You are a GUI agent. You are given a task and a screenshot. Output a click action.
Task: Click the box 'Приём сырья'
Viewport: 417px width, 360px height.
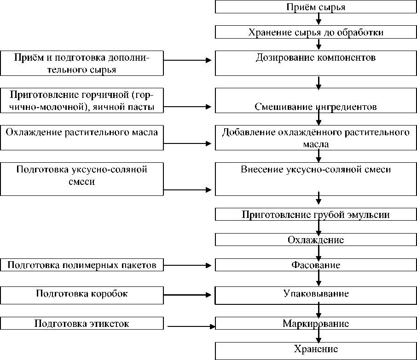[x=316, y=7]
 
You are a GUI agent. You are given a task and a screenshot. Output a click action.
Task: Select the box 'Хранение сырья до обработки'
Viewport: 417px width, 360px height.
[x=316, y=32]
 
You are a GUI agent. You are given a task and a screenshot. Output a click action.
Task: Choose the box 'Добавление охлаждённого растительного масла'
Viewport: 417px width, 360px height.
[x=316, y=137]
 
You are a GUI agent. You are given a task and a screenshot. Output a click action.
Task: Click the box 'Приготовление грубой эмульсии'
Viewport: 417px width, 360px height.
[x=316, y=215]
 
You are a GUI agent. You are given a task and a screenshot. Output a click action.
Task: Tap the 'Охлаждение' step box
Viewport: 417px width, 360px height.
[x=316, y=240]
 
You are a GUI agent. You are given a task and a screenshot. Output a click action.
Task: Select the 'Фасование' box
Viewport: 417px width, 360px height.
[x=316, y=265]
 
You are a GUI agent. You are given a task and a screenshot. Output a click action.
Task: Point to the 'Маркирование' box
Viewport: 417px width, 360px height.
[x=316, y=323]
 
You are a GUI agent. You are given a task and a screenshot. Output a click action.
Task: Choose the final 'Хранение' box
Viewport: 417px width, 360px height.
[x=316, y=349]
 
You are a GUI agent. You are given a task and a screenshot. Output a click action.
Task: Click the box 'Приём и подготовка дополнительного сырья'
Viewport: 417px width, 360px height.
[x=82, y=63]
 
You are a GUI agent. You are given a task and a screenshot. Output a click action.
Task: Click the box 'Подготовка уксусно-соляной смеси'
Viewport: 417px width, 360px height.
[x=82, y=178]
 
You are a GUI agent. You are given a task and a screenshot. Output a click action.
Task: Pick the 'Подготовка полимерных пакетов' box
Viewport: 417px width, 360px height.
[x=82, y=265]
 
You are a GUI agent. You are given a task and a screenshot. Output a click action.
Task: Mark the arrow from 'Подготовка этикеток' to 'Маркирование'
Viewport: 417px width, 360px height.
[x=191, y=326]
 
